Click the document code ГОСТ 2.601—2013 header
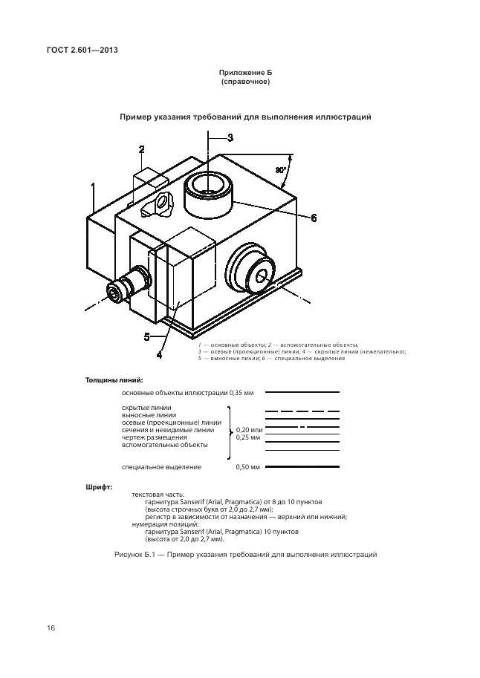click(82, 50)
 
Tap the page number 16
click(51, 628)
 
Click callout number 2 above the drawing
click(141, 149)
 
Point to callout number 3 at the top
click(230, 137)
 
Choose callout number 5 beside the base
click(147, 336)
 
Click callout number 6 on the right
click(314, 218)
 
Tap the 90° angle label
click(280, 170)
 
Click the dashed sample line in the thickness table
click(302, 411)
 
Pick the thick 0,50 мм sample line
click(302, 467)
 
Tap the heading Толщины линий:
click(114, 381)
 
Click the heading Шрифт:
click(99, 487)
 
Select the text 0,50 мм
click(248, 467)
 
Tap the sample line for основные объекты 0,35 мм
click(302, 392)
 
